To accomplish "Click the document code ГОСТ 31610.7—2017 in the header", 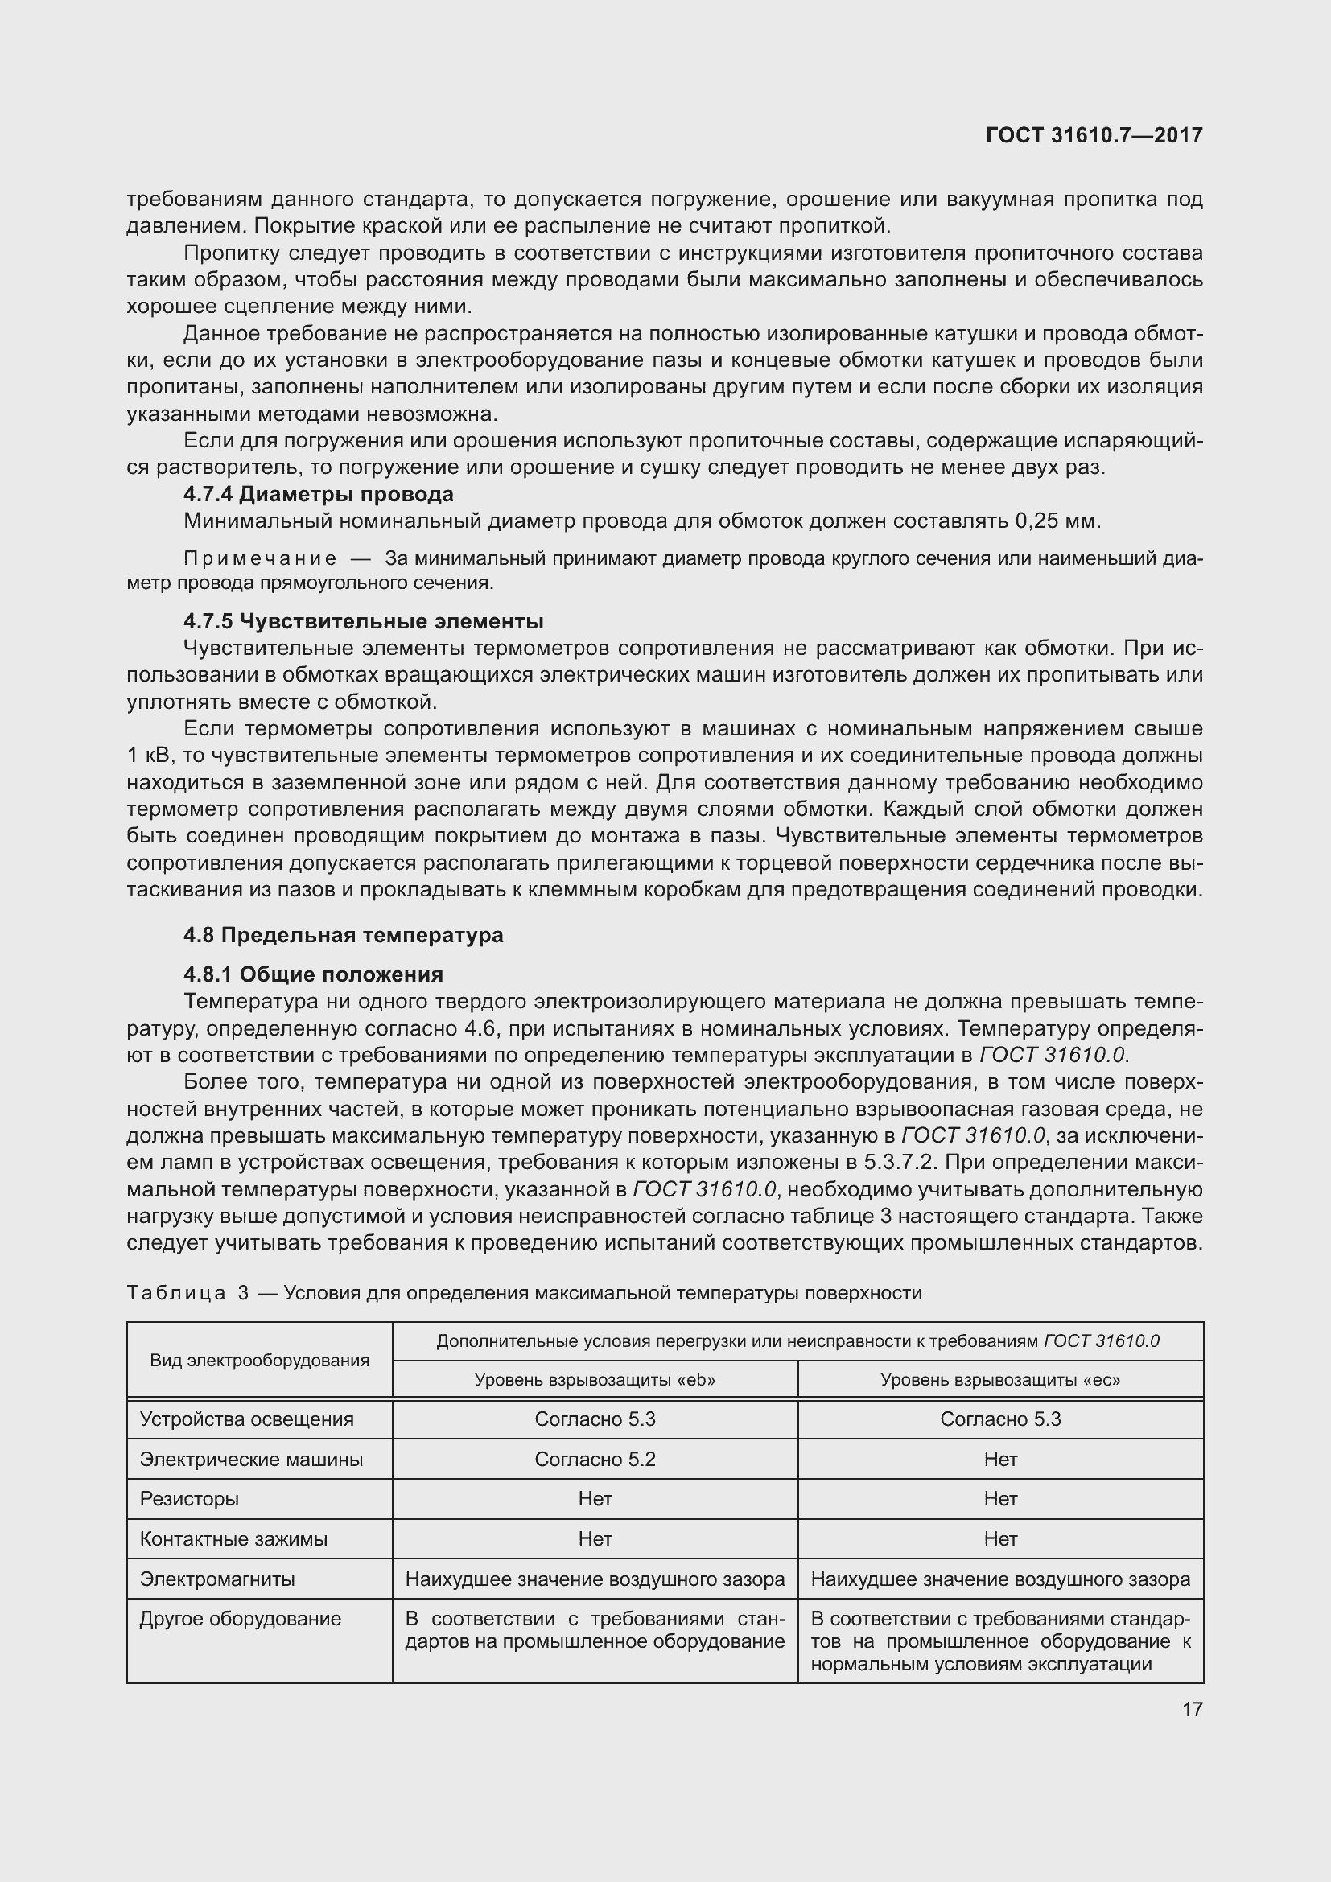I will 1094,135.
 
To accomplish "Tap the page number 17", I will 1192,1709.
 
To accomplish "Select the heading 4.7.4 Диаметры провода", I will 318,494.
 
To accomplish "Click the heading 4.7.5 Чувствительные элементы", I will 363,621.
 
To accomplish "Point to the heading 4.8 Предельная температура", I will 343,935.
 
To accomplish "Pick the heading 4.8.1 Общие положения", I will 313,974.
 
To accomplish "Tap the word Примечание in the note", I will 260,559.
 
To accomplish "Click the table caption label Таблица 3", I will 187,1293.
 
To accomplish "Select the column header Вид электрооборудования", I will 259,1361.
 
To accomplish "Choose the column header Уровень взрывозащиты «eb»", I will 595,1380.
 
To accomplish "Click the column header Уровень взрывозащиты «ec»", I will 1000,1380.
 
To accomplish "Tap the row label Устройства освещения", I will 247,1419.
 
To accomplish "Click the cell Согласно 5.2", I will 595,1459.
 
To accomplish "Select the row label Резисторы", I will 189,1499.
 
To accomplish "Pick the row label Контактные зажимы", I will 233,1539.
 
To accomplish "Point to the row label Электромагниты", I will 217,1579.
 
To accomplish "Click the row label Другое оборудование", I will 240,1619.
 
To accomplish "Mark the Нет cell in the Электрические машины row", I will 1000,1459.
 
